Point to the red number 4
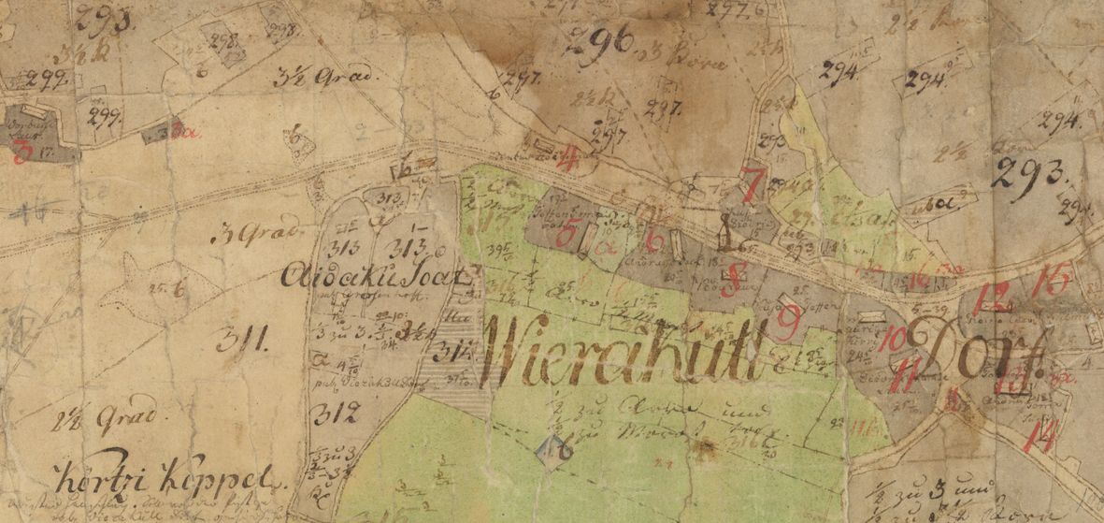[x=567, y=161]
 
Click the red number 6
[x=655, y=241]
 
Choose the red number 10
[x=893, y=339]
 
